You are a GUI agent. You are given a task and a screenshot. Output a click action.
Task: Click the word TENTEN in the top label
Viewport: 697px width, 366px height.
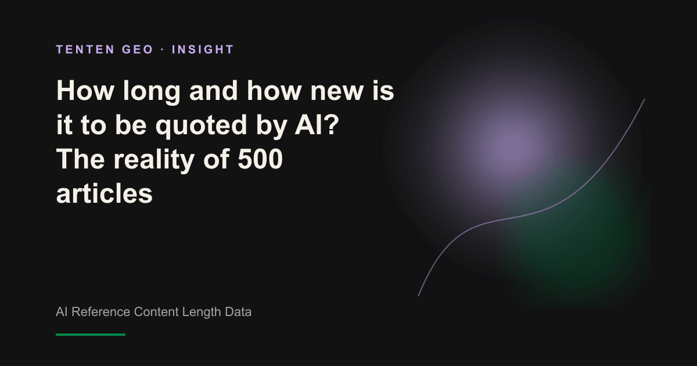coord(85,49)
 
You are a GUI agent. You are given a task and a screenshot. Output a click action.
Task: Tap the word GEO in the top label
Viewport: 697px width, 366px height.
coord(138,49)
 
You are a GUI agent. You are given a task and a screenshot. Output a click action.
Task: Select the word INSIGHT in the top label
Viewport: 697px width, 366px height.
coord(203,49)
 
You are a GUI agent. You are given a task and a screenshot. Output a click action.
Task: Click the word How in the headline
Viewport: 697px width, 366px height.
coord(85,91)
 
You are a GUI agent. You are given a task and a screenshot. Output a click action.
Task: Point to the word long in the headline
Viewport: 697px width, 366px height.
coord(152,92)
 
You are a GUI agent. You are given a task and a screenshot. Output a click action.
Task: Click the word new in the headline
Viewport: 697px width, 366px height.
coord(337,93)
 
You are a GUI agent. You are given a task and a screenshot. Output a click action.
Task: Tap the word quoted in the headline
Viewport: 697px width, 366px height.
coord(202,127)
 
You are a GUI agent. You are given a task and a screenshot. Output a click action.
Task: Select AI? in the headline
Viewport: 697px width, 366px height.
coord(317,124)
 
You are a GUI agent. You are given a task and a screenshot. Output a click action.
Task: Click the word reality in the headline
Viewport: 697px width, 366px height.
coord(154,160)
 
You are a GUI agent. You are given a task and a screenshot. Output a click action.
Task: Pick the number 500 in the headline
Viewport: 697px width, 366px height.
coord(260,159)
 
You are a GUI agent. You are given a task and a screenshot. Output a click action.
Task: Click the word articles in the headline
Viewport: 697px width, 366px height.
coord(104,193)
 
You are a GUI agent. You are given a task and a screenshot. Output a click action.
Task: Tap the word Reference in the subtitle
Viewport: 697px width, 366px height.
coord(100,312)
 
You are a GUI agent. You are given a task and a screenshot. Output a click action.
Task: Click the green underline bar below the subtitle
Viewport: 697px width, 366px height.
coord(91,335)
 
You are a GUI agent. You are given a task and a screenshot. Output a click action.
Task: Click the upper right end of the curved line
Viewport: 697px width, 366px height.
coord(644,99)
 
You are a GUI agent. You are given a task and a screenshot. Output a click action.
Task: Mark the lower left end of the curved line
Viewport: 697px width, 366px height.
coord(418,296)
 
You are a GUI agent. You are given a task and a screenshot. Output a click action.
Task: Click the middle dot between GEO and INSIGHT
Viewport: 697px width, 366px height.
coord(163,50)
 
